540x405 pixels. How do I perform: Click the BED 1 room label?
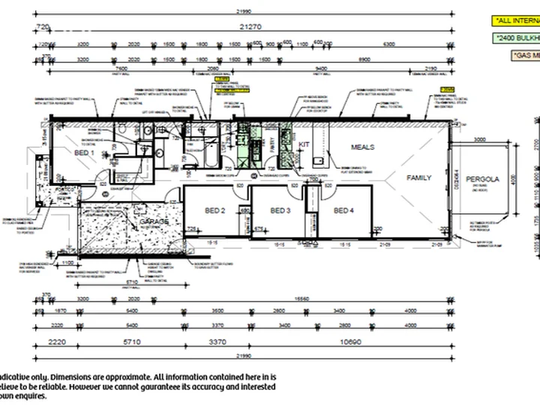(x=84, y=154)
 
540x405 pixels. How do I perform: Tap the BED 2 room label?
(x=214, y=211)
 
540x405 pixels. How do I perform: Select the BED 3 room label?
(x=280, y=211)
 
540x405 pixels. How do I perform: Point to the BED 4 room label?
(x=343, y=211)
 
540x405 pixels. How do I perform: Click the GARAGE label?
(x=153, y=223)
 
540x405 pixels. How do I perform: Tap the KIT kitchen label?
(x=304, y=144)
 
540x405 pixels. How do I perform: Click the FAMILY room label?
(x=419, y=178)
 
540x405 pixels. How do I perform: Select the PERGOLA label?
(x=482, y=180)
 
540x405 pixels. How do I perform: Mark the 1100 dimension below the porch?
(x=67, y=262)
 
